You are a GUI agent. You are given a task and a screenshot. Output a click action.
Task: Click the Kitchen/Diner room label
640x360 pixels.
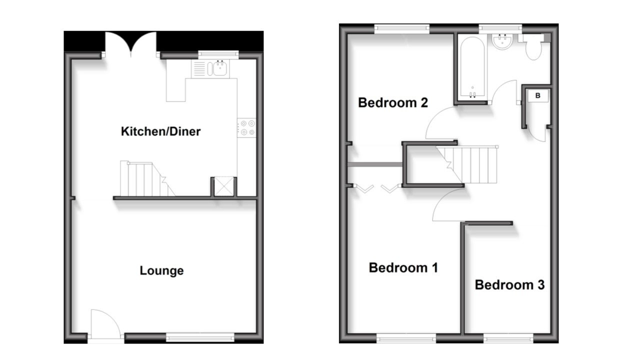pyautogui.click(x=160, y=131)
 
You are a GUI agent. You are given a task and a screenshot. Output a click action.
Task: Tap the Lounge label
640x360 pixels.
pyautogui.click(x=161, y=271)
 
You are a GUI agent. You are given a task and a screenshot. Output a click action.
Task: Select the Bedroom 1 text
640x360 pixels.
pyautogui.click(x=403, y=267)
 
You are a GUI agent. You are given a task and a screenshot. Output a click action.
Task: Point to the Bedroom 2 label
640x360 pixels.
pyautogui.click(x=393, y=103)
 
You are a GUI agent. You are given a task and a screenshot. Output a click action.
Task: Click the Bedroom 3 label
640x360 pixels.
pyautogui.click(x=509, y=285)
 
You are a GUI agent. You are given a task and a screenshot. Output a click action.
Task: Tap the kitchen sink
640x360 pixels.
pyautogui.click(x=216, y=68)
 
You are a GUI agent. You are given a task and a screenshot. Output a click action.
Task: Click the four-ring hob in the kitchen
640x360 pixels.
pyautogui.click(x=246, y=128)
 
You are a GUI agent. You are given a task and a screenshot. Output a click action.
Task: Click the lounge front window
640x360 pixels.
pyautogui.click(x=199, y=338)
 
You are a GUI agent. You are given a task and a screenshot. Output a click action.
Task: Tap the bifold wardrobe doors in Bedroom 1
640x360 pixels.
pyautogui.click(x=375, y=188)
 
